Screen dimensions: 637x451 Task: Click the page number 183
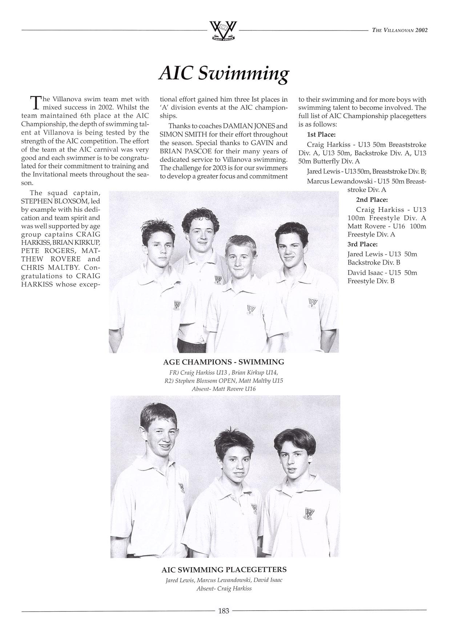224,611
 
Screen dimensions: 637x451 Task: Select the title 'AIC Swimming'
224,73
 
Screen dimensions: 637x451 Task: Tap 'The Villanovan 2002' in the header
400,30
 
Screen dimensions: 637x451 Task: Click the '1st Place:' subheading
321,135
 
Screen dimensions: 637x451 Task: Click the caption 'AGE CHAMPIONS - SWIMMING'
224,362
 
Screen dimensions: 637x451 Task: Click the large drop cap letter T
35,102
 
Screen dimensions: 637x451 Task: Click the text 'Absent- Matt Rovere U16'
224,389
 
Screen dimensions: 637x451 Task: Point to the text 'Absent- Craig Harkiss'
224,588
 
